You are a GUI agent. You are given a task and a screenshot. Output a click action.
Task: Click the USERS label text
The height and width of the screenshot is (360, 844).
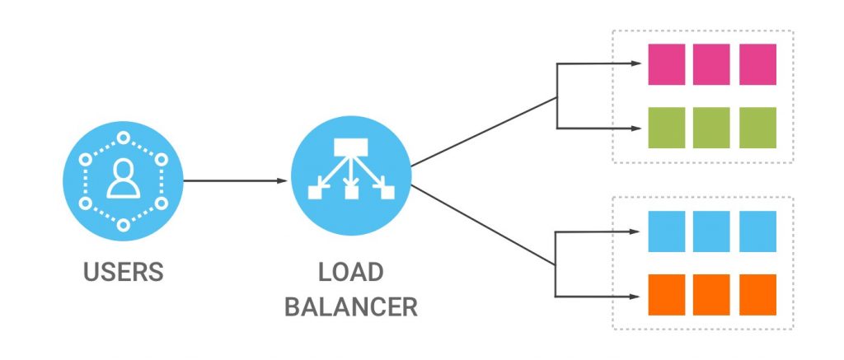click(122, 272)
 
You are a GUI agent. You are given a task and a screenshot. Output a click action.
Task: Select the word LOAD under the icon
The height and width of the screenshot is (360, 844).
click(350, 274)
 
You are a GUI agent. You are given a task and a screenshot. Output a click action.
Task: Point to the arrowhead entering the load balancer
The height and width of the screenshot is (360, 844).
click(283, 180)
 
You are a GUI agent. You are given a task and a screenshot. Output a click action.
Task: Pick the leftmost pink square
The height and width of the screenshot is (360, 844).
click(667, 63)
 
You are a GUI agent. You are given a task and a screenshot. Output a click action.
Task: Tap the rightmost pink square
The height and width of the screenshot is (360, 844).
click(757, 63)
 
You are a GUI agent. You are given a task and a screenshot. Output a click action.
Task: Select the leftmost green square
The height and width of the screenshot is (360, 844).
click(667, 127)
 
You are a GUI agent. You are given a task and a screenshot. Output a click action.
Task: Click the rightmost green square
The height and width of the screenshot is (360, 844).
click(757, 127)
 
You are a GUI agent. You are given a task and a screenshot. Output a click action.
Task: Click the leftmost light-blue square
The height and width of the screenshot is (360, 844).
click(667, 231)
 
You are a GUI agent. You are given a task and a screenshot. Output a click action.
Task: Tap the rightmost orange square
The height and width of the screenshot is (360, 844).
click(757, 295)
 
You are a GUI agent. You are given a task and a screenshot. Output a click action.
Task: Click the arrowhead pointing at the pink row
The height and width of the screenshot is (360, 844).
click(636, 63)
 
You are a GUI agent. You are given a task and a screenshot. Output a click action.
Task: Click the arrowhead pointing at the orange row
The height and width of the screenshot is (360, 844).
click(636, 295)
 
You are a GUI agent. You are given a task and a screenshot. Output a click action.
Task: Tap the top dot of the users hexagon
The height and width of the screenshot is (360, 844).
click(122, 137)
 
